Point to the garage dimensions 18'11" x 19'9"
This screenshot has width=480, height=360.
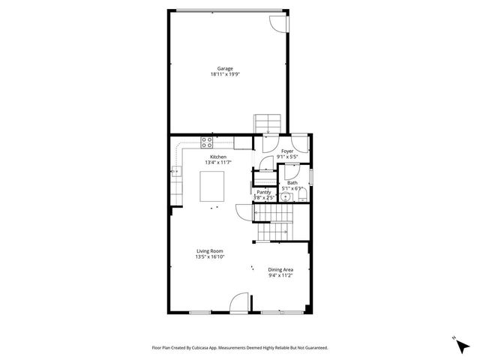tap(225, 74)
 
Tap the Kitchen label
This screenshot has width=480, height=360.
tap(218, 157)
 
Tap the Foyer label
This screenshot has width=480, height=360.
tap(287, 151)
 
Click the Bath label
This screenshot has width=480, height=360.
tap(292, 182)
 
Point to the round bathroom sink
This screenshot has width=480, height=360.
tap(286, 198)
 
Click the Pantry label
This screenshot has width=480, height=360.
tap(264, 192)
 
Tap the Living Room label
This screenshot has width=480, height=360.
tap(210, 251)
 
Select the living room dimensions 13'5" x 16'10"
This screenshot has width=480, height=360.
tap(210, 257)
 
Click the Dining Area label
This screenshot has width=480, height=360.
tap(280, 269)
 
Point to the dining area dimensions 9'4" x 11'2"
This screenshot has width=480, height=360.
tap(280, 275)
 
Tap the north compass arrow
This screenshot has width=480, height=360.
tap(455, 339)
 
